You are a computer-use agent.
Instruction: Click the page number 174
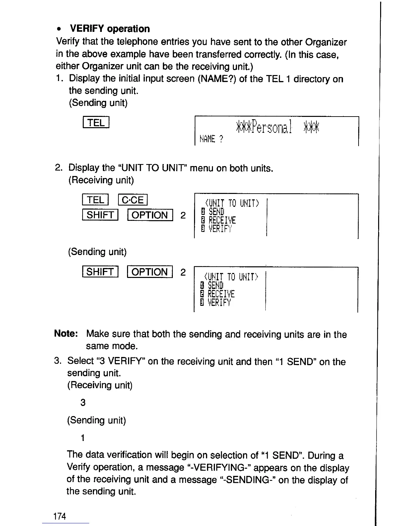(x=60, y=516)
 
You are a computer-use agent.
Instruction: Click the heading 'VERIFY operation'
(x=110, y=29)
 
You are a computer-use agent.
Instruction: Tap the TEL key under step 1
(x=96, y=123)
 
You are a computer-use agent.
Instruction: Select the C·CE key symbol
(x=133, y=200)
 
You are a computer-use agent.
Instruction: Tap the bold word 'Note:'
(x=66, y=333)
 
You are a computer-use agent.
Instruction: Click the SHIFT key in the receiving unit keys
(x=100, y=215)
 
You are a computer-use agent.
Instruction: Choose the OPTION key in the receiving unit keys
(x=150, y=215)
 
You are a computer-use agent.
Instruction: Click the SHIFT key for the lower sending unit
(x=100, y=272)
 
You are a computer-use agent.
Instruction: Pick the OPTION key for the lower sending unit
(x=150, y=272)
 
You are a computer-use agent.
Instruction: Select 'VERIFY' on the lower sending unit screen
(x=219, y=303)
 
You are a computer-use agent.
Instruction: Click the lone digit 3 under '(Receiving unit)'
(x=83, y=402)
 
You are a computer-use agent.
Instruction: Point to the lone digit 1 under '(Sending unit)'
(x=83, y=438)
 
